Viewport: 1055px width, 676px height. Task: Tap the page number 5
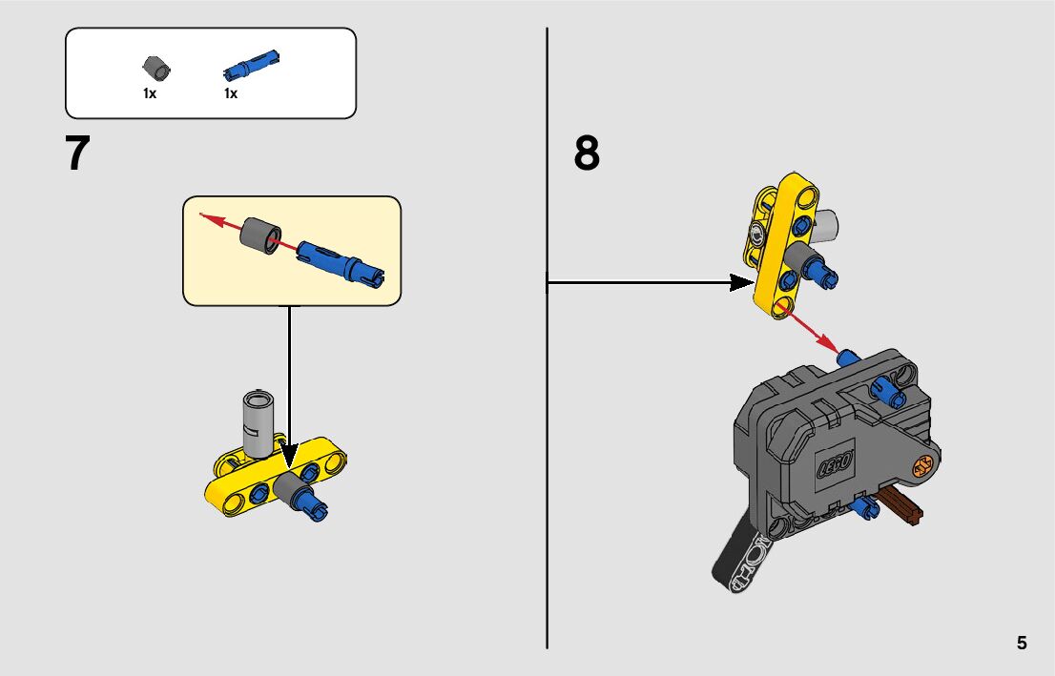coord(1022,643)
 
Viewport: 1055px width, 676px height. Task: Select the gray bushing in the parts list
coord(156,68)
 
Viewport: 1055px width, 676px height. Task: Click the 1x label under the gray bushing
coord(150,93)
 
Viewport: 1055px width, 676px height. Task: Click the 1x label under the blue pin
coord(231,93)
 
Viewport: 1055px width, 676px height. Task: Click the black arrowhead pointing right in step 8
coord(741,281)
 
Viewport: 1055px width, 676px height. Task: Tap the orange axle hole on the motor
coord(921,468)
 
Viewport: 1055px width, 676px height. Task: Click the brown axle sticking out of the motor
coord(902,505)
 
